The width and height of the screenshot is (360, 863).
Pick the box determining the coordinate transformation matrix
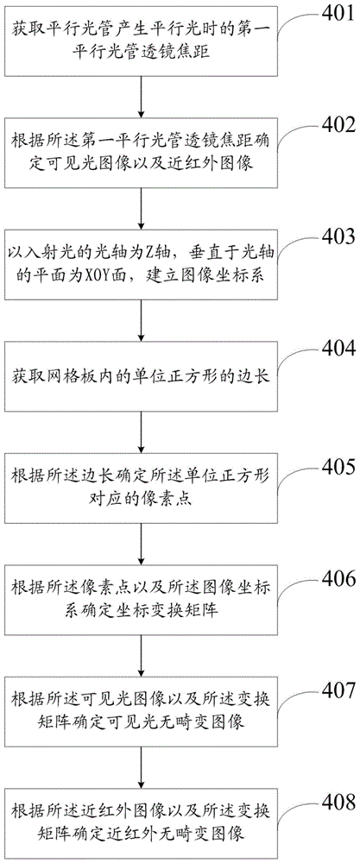(143, 602)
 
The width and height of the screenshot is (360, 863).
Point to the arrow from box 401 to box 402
(143, 97)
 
